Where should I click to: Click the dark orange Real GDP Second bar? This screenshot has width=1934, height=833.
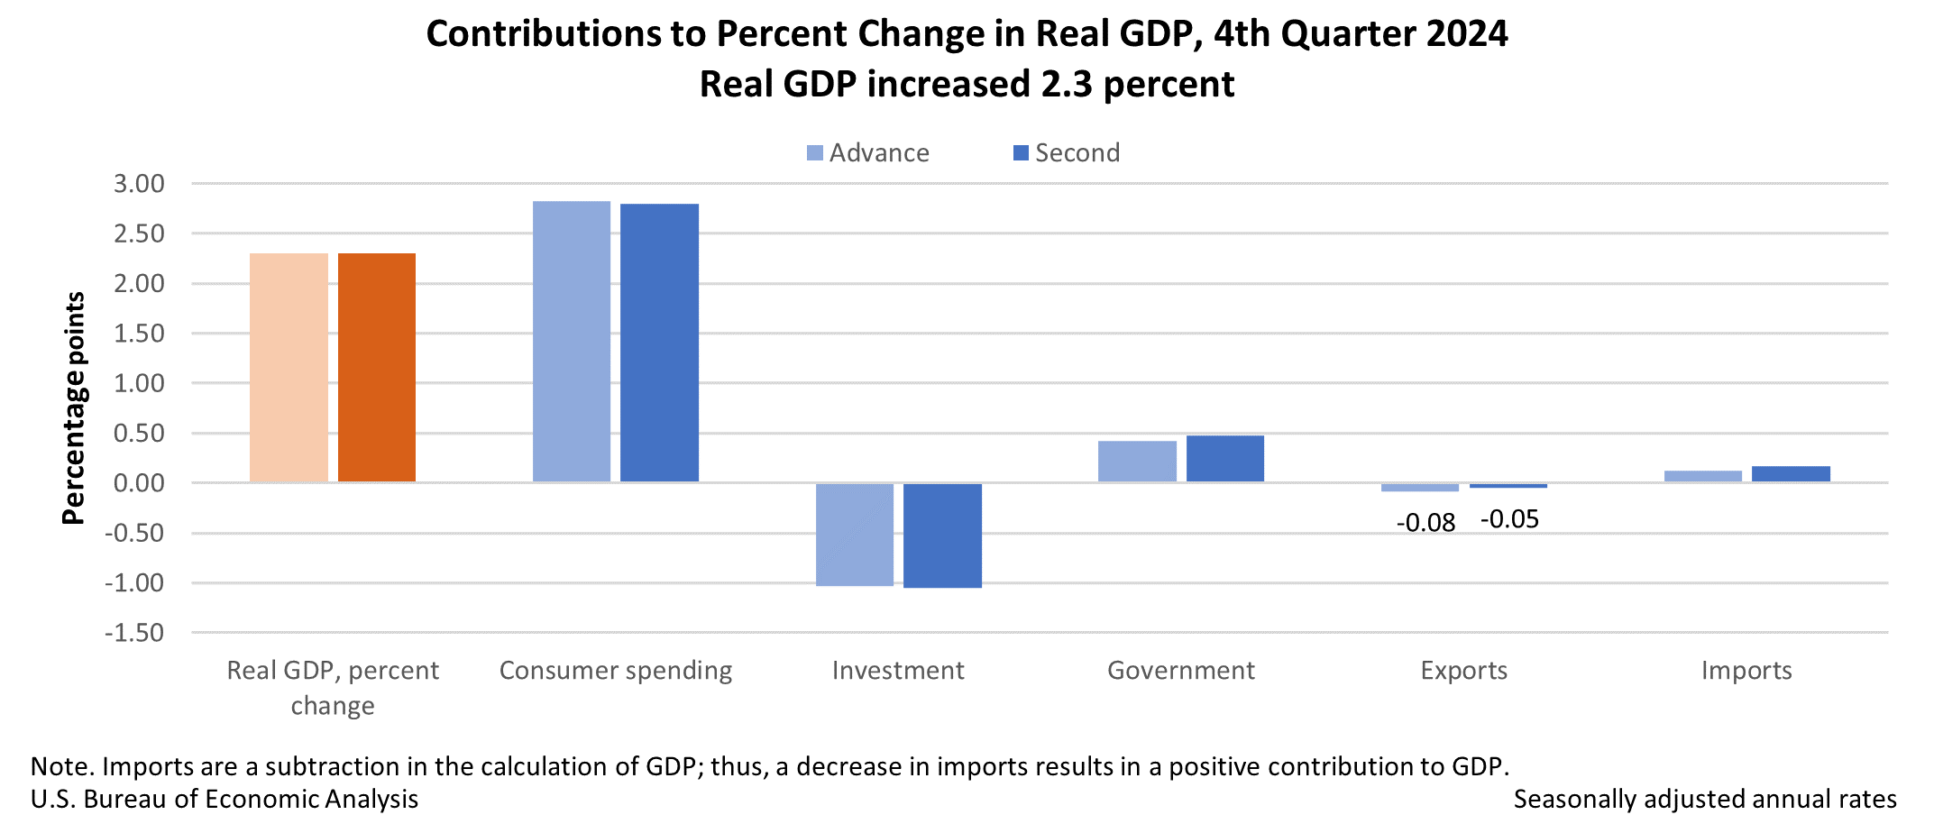[x=377, y=368]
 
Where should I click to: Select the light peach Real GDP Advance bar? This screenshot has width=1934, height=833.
[x=289, y=368]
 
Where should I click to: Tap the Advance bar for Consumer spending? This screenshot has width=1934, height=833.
[x=572, y=342]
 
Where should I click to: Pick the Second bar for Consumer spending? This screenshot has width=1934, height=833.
[x=659, y=343]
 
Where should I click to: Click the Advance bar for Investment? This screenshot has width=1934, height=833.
[x=855, y=535]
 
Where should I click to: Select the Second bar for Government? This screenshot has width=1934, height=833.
[x=1225, y=459]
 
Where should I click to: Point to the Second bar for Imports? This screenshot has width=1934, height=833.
[x=1791, y=474]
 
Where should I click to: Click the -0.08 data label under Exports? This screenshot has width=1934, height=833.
[x=1425, y=524]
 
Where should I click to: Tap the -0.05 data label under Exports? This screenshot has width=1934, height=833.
[x=1510, y=520]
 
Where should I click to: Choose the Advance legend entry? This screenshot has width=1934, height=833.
[x=868, y=153]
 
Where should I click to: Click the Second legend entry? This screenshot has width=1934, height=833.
[x=1068, y=153]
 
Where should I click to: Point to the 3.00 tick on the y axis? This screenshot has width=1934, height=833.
[x=139, y=184]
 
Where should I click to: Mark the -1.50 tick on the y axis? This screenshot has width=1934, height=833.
[x=135, y=633]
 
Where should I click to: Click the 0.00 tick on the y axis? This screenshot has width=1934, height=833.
[x=139, y=483]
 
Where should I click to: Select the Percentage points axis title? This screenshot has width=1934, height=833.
[x=73, y=407]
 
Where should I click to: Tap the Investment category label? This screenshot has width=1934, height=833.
[x=898, y=671]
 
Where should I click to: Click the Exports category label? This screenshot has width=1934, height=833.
[x=1464, y=671]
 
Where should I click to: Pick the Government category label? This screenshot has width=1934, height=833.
[x=1181, y=671]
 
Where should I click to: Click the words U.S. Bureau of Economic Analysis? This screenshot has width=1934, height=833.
[x=225, y=800]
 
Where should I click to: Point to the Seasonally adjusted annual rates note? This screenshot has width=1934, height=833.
[x=1705, y=800]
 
